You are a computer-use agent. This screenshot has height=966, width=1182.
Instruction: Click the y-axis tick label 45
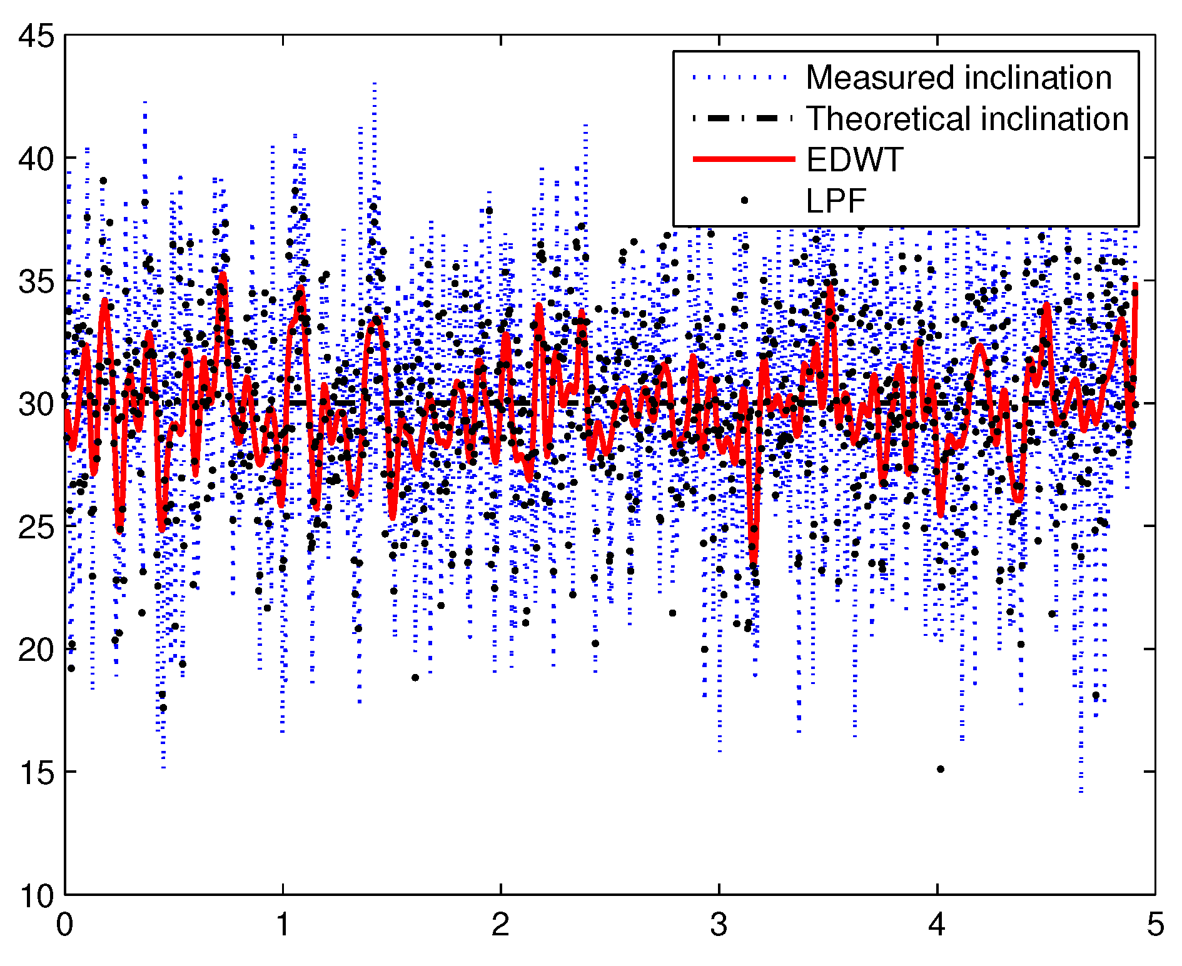pos(36,36)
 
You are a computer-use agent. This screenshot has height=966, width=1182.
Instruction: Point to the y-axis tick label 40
pos(36,159)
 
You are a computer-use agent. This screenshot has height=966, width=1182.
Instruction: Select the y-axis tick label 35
pos(36,281)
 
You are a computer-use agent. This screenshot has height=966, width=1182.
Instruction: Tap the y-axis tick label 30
pos(36,404)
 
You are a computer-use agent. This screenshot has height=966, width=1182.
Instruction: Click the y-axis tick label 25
pos(36,527)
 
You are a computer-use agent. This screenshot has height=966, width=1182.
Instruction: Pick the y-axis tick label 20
pos(36,650)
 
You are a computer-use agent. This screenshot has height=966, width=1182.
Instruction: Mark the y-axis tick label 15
pos(36,773)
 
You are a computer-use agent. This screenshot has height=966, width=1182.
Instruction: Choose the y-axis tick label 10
pos(36,895)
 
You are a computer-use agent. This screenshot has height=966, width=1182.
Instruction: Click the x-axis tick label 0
pos(65,924)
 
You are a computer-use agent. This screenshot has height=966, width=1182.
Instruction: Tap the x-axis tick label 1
pos(283,924)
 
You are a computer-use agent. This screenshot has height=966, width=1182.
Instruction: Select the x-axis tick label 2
pos(501,924)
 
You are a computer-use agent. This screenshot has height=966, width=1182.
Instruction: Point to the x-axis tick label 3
pos(719,924)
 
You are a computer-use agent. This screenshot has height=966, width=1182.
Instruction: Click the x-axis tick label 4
pos(937,924)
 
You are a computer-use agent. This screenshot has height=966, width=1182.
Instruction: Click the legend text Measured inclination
pos(959,78)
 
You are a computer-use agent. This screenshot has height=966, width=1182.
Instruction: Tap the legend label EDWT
pos(854,160)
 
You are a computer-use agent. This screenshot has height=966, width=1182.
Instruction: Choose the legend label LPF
pos(836,201)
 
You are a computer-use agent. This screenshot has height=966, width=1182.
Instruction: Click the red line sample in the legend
pos(744,160)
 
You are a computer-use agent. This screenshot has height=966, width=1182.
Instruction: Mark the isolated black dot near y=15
pos(940,769)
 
